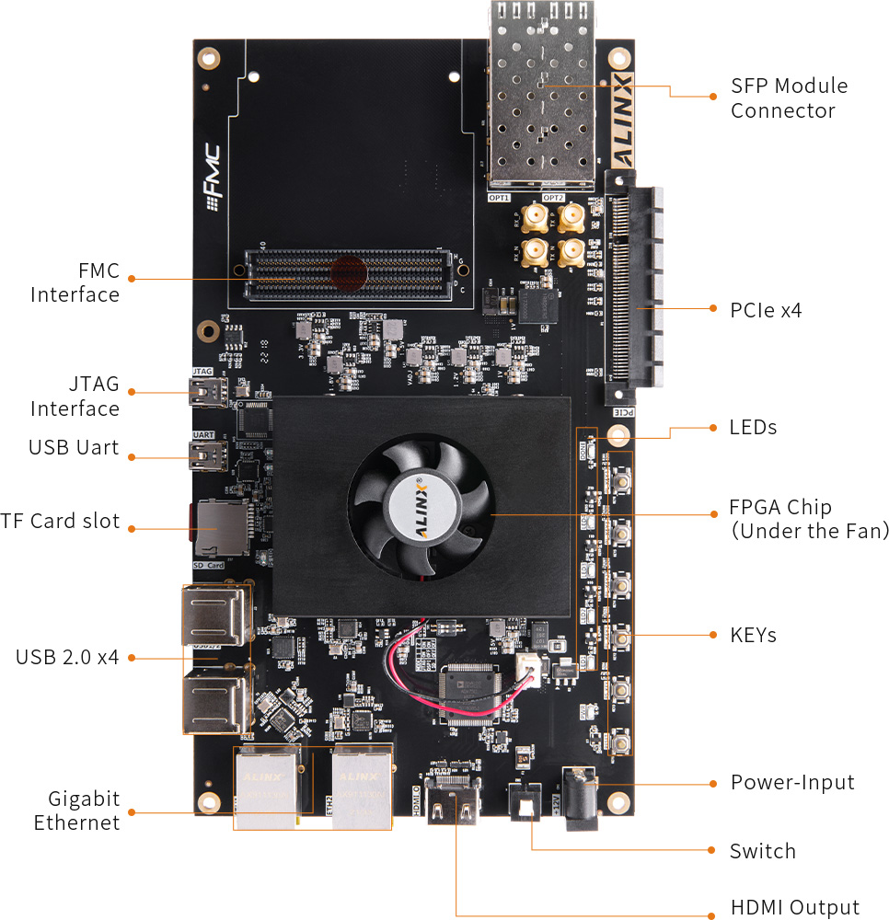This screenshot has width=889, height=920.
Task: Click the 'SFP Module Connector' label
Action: (x=789, y=98)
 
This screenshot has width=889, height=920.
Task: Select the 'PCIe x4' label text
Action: (x=766, y=310)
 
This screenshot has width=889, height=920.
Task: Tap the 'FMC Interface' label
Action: (x=75, y=282)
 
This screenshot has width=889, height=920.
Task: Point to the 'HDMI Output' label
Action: (x=795, y=908)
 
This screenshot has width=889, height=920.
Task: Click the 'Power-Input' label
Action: (x=792, y=783)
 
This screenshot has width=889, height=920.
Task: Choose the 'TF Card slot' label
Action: (x=61, y=522)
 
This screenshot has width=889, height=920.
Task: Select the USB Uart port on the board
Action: (x=203, y=454)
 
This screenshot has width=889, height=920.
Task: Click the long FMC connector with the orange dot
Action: (x=350, y=273)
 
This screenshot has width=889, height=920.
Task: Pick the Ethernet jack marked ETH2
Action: (x=362, y=788)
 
